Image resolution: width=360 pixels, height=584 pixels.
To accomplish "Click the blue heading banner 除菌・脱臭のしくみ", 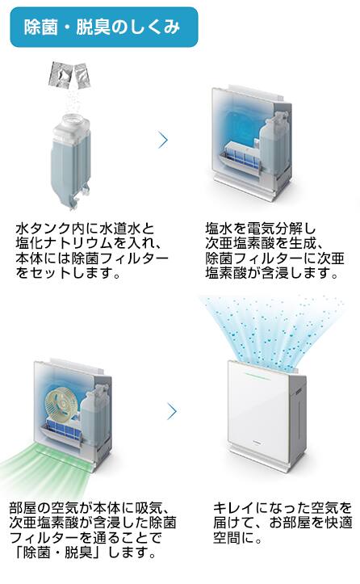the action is pos(104,27).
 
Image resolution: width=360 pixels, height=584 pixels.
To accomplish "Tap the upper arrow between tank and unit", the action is pos(163,140).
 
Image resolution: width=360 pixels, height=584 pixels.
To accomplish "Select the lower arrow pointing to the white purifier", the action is pos(172,411).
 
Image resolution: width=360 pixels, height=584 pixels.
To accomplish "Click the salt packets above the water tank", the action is pos(68,74).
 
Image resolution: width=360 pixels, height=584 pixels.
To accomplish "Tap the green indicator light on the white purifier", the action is pos(257,375).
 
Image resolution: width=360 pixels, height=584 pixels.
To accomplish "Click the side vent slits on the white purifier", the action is pos(299,393).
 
